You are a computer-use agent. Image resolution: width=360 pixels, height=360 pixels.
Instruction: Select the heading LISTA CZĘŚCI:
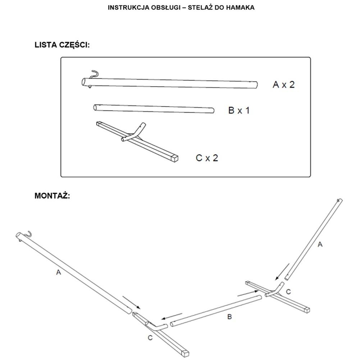pyautogui.click(x=62, y=45)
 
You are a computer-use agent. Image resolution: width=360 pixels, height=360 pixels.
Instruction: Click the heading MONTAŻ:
pyautogui.click(x=52, y=196)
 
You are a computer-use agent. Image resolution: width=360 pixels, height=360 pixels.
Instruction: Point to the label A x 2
pyautogui.click(x=283, y=85)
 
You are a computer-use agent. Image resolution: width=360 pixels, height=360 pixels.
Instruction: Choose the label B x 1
pyautogui.click(x=239, y=110)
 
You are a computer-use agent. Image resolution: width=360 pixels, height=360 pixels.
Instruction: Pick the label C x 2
pyautogui.click(x=207, y=158)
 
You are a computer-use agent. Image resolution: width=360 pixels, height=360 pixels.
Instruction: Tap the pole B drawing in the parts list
pyautogui.click(x=154, y=109)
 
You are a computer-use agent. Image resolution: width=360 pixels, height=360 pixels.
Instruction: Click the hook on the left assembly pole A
pyautogui.click(x=28, y=234)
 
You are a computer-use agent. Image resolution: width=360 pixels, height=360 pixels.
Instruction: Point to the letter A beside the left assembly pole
pyautogui.click(x=59, y=272)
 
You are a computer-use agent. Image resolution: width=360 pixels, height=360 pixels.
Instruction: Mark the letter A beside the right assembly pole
pyautogui.click(x=320, y=245)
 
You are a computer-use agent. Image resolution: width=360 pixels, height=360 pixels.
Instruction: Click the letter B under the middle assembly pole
pyautogui.click(x=229, y=317)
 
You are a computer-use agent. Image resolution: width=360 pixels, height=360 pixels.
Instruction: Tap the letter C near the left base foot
pyautogui.click(x=150, y=338)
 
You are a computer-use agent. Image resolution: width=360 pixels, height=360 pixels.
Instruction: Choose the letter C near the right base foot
pyautogui.click(x=288, y=292)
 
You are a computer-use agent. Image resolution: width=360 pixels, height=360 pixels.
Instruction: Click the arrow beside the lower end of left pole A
pyautogui.click(x=131, y=302)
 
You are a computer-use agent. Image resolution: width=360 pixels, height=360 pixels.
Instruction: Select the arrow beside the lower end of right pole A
pyautogui.click(x=282, y=272)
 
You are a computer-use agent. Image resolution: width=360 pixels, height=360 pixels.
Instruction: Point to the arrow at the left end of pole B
pyautogui.click(x=172, y=316)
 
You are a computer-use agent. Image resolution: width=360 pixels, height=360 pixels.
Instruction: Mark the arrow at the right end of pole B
pyautogui.click(x=248, y=293)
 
